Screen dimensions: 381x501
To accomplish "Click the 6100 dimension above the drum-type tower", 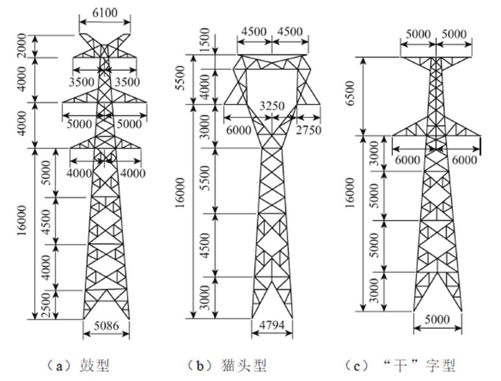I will click(105, 13).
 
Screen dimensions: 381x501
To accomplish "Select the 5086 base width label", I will click(106, 325).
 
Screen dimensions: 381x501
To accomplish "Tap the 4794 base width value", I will click(272, 325).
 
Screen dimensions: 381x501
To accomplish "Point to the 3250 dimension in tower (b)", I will click(271, 106).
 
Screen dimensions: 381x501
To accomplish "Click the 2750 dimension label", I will click(308, 130).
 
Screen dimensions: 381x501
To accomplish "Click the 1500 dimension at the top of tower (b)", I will click(205, 41).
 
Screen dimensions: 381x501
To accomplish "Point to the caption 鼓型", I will click(94, 365).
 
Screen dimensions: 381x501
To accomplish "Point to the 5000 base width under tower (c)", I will click(437, 320).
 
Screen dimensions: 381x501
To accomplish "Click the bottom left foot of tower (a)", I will click(83, 318).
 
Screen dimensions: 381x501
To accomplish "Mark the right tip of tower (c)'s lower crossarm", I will click(480, 136).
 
